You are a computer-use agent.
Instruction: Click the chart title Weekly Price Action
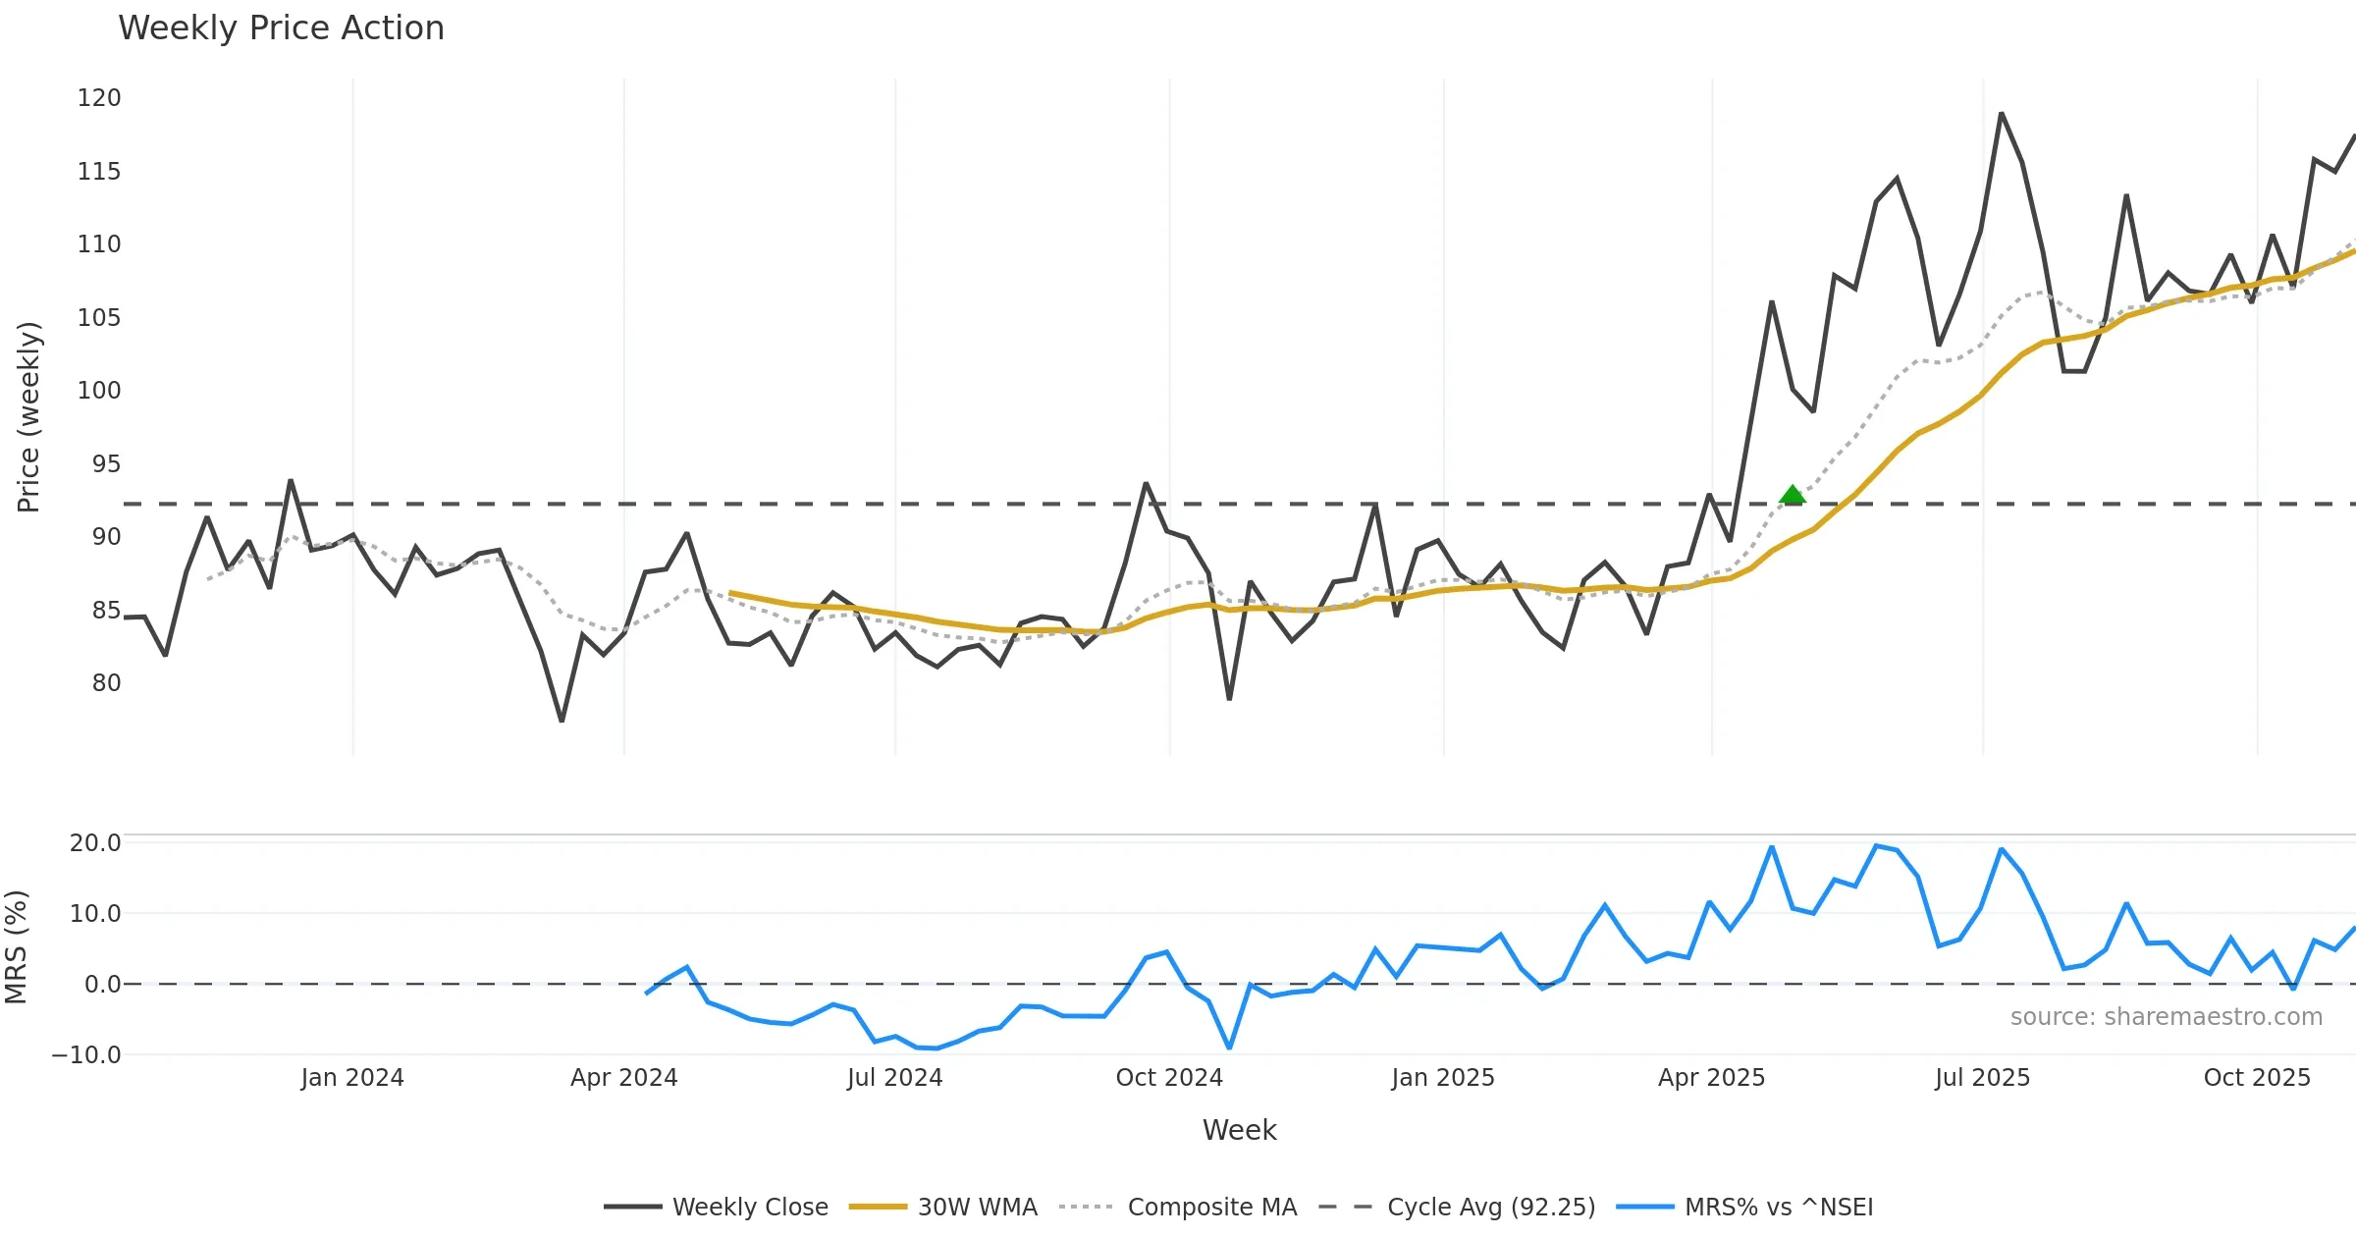[x=281, y=28]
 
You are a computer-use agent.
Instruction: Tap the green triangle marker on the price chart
[x=1793, y=495]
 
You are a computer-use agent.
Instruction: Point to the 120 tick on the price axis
[x=99, y=98]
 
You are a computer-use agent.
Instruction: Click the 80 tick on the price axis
[x=106, y=683]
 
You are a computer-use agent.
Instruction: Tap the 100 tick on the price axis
[x=99, y=391]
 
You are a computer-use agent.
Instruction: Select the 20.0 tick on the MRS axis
[x=95, y=843]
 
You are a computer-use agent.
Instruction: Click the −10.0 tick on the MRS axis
[x=86, y=1055]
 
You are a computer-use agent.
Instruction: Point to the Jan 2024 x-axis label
[x=352, y=1078]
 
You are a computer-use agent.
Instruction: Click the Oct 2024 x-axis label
[x=1169, y=1078]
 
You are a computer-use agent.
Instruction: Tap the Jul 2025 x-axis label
[x=1982, y=1078]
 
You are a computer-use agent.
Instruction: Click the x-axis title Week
[x=1239, y=1131]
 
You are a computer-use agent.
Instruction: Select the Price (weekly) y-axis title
[x=29, y=417]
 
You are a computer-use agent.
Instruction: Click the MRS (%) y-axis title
[x=17, y=947]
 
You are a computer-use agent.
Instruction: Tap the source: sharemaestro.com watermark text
[x=2166, y=1017]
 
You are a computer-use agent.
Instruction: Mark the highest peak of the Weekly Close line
[x=2001, y=114]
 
